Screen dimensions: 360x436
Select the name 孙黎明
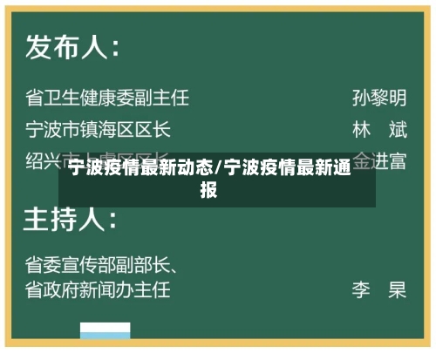(x=379, y=97)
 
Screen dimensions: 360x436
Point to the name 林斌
(x=379, y=131)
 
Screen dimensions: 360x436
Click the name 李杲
(x=379, y=289)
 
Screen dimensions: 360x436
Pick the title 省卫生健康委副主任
(x=106, y=97)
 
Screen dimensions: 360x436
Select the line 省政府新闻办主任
(x=97, y=289)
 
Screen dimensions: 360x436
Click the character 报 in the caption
(x=209, y=188)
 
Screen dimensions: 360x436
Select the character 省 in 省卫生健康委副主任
(x=34, y=97)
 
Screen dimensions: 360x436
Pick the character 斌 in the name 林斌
(x=398, y=131)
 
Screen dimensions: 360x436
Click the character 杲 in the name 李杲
(x=398, y=289)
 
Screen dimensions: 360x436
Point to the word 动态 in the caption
(x=197, y=169)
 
